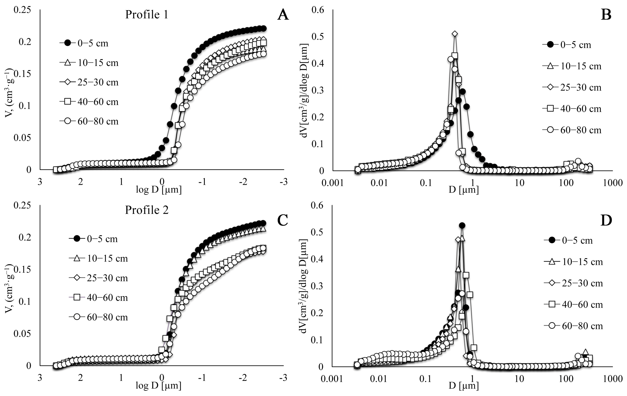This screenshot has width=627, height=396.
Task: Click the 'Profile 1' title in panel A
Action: click(147, 15)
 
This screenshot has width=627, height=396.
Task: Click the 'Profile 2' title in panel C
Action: click(147, 210)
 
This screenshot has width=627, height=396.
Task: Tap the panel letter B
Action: click(606, 15)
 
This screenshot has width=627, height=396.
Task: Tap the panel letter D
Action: click(606, 220)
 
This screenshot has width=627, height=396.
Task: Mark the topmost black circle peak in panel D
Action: click(462, 225)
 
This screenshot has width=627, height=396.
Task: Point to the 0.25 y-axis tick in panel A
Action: click(22, 10)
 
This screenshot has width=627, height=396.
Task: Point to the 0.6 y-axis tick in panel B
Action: click(318, 10)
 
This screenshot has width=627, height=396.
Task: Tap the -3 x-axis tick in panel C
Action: click(283, 378)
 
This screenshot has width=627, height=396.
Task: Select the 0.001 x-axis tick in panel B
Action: click(333, 183)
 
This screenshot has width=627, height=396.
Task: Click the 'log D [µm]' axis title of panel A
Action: click(159, 190)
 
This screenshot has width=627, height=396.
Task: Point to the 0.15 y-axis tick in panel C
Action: click(22, 269)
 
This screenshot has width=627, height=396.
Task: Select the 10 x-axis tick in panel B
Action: click(519, 183)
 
